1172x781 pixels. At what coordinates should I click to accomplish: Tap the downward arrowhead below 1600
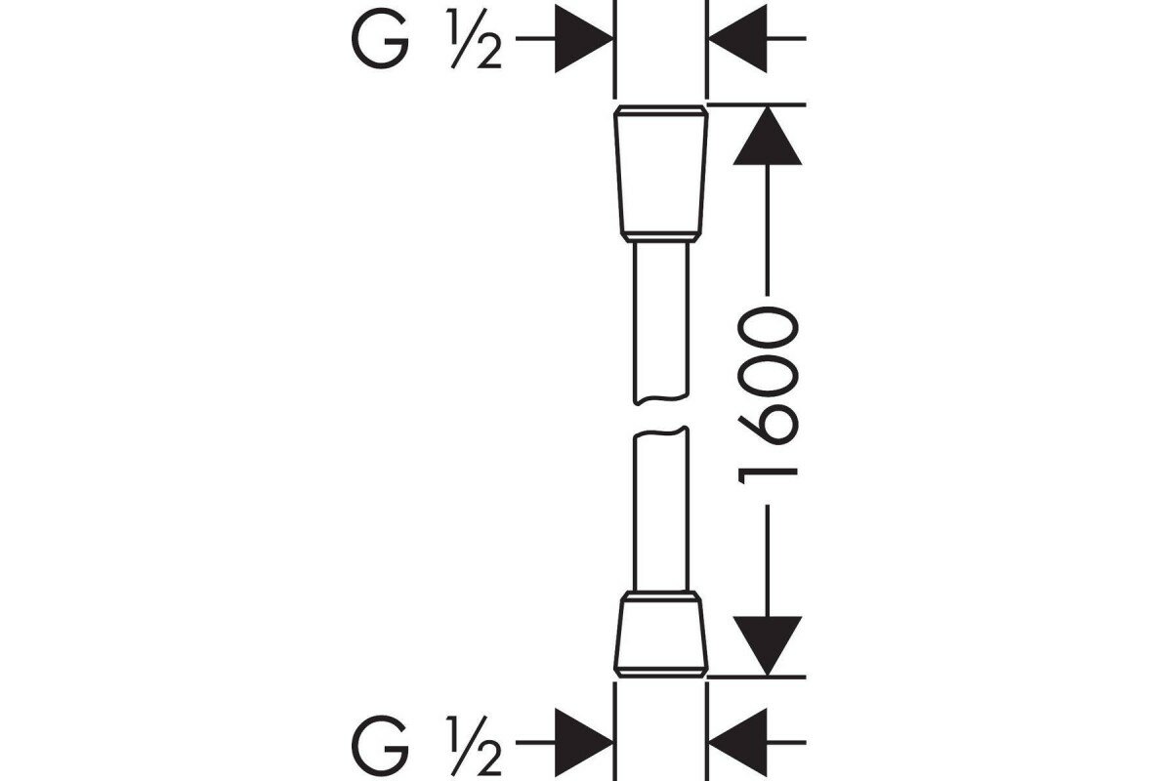coord(767,644)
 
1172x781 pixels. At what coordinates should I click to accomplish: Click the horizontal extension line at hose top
coord(757,103)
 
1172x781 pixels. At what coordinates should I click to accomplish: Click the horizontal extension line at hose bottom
coord(757,676)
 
